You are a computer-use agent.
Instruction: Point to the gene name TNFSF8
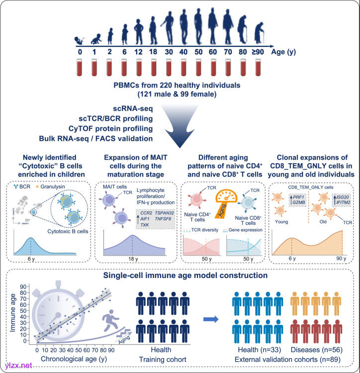[x=160, y=204]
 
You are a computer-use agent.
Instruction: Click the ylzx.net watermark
[x=17, y=366]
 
